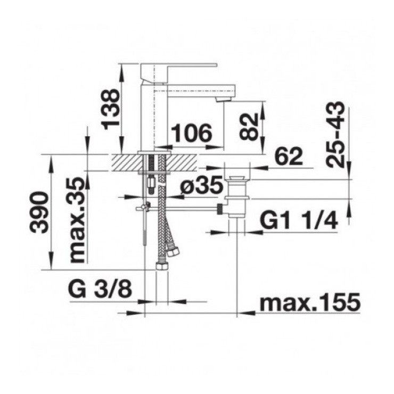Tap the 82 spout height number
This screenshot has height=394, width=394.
(x=249, y=126)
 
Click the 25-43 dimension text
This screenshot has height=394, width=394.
(x=335, y=134)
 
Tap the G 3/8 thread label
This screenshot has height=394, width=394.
(x=100, y=290)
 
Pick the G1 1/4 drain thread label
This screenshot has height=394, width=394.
(x=299, y=220)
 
